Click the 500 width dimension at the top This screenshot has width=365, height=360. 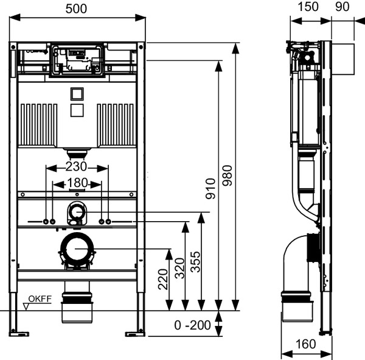click(x=76, y=9)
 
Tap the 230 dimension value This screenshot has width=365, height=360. click(x=76, y=166)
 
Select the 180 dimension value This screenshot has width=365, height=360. click(x=77, y=183)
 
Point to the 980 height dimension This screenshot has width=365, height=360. click(x=227, y=175)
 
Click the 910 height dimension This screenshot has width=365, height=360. click(x=210, y=188)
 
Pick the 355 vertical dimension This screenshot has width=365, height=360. click(x=195, y=261)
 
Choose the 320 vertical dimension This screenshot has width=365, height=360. click(x=179, y=268)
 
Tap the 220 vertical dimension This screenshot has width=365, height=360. click(x=163, y=279)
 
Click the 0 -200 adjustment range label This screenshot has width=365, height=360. click(x=192, y=325)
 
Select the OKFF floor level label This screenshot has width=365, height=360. click(x=40, y=298)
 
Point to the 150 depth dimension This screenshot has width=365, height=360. click(x=308, y=7)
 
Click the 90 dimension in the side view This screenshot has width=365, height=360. click(x=342, y=7)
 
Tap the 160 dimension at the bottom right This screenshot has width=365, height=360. click(x=305, y=344)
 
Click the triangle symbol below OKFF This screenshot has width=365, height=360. click(x=26, y=307)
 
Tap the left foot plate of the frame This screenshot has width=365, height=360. click(x=19, y=334)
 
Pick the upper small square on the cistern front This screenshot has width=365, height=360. click(x=77, y=94)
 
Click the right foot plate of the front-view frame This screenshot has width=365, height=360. click(x=135, y=334)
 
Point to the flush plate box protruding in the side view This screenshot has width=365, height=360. click(x=343, y=60)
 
